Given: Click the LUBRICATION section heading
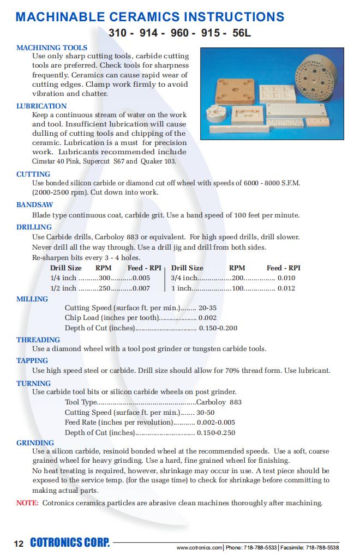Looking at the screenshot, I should click(x=41, y=106).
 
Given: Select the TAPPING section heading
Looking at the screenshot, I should click(x=32, y=360).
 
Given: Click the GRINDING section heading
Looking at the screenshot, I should click(x=35, y=443).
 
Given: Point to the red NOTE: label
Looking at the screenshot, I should click(x=27, y=503).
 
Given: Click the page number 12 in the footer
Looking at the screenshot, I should click(x=19, y=543).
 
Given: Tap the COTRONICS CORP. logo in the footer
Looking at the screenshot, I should click(x=70, y=543).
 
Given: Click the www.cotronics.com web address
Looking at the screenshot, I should click(x=200, y=547).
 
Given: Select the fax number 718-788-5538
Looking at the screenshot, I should click(x=322, y=547).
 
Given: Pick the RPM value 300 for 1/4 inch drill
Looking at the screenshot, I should click(x=104, y=277).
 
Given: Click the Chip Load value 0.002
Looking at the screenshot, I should click(x=207, y=317).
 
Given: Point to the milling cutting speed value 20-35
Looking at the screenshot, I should click(x=207, y=307).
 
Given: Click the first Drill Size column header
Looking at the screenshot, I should click(x=66, y=268).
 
